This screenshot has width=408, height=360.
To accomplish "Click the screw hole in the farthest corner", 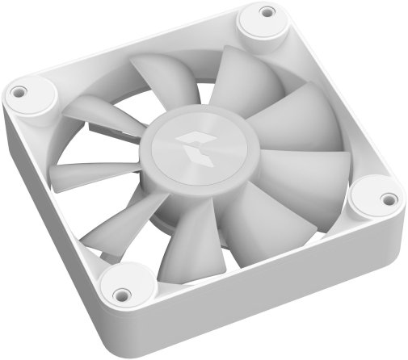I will point(267,12).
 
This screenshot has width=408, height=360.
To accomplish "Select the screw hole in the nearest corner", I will point(121,295).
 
